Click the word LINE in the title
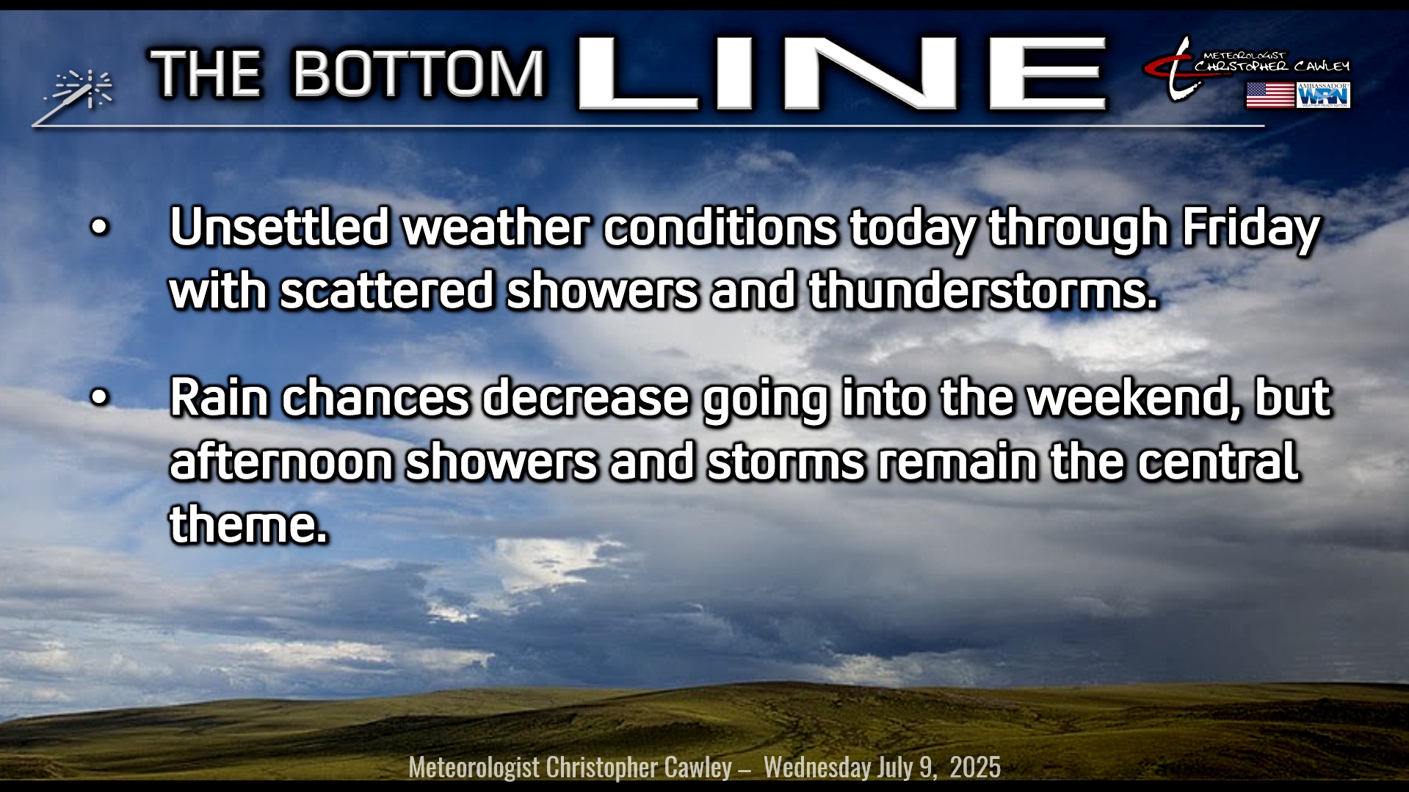coord(842,73)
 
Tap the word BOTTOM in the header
coord(419,73)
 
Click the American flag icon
coord(1269,95)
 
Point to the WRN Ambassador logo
coord(1324,95)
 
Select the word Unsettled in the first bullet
coord(279,227)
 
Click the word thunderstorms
coord(983,291)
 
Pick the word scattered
coord(386,291)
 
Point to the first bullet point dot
coord(98,228)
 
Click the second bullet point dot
coord(98,398)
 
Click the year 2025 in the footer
coord(975,767)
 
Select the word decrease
coord(585,397)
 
